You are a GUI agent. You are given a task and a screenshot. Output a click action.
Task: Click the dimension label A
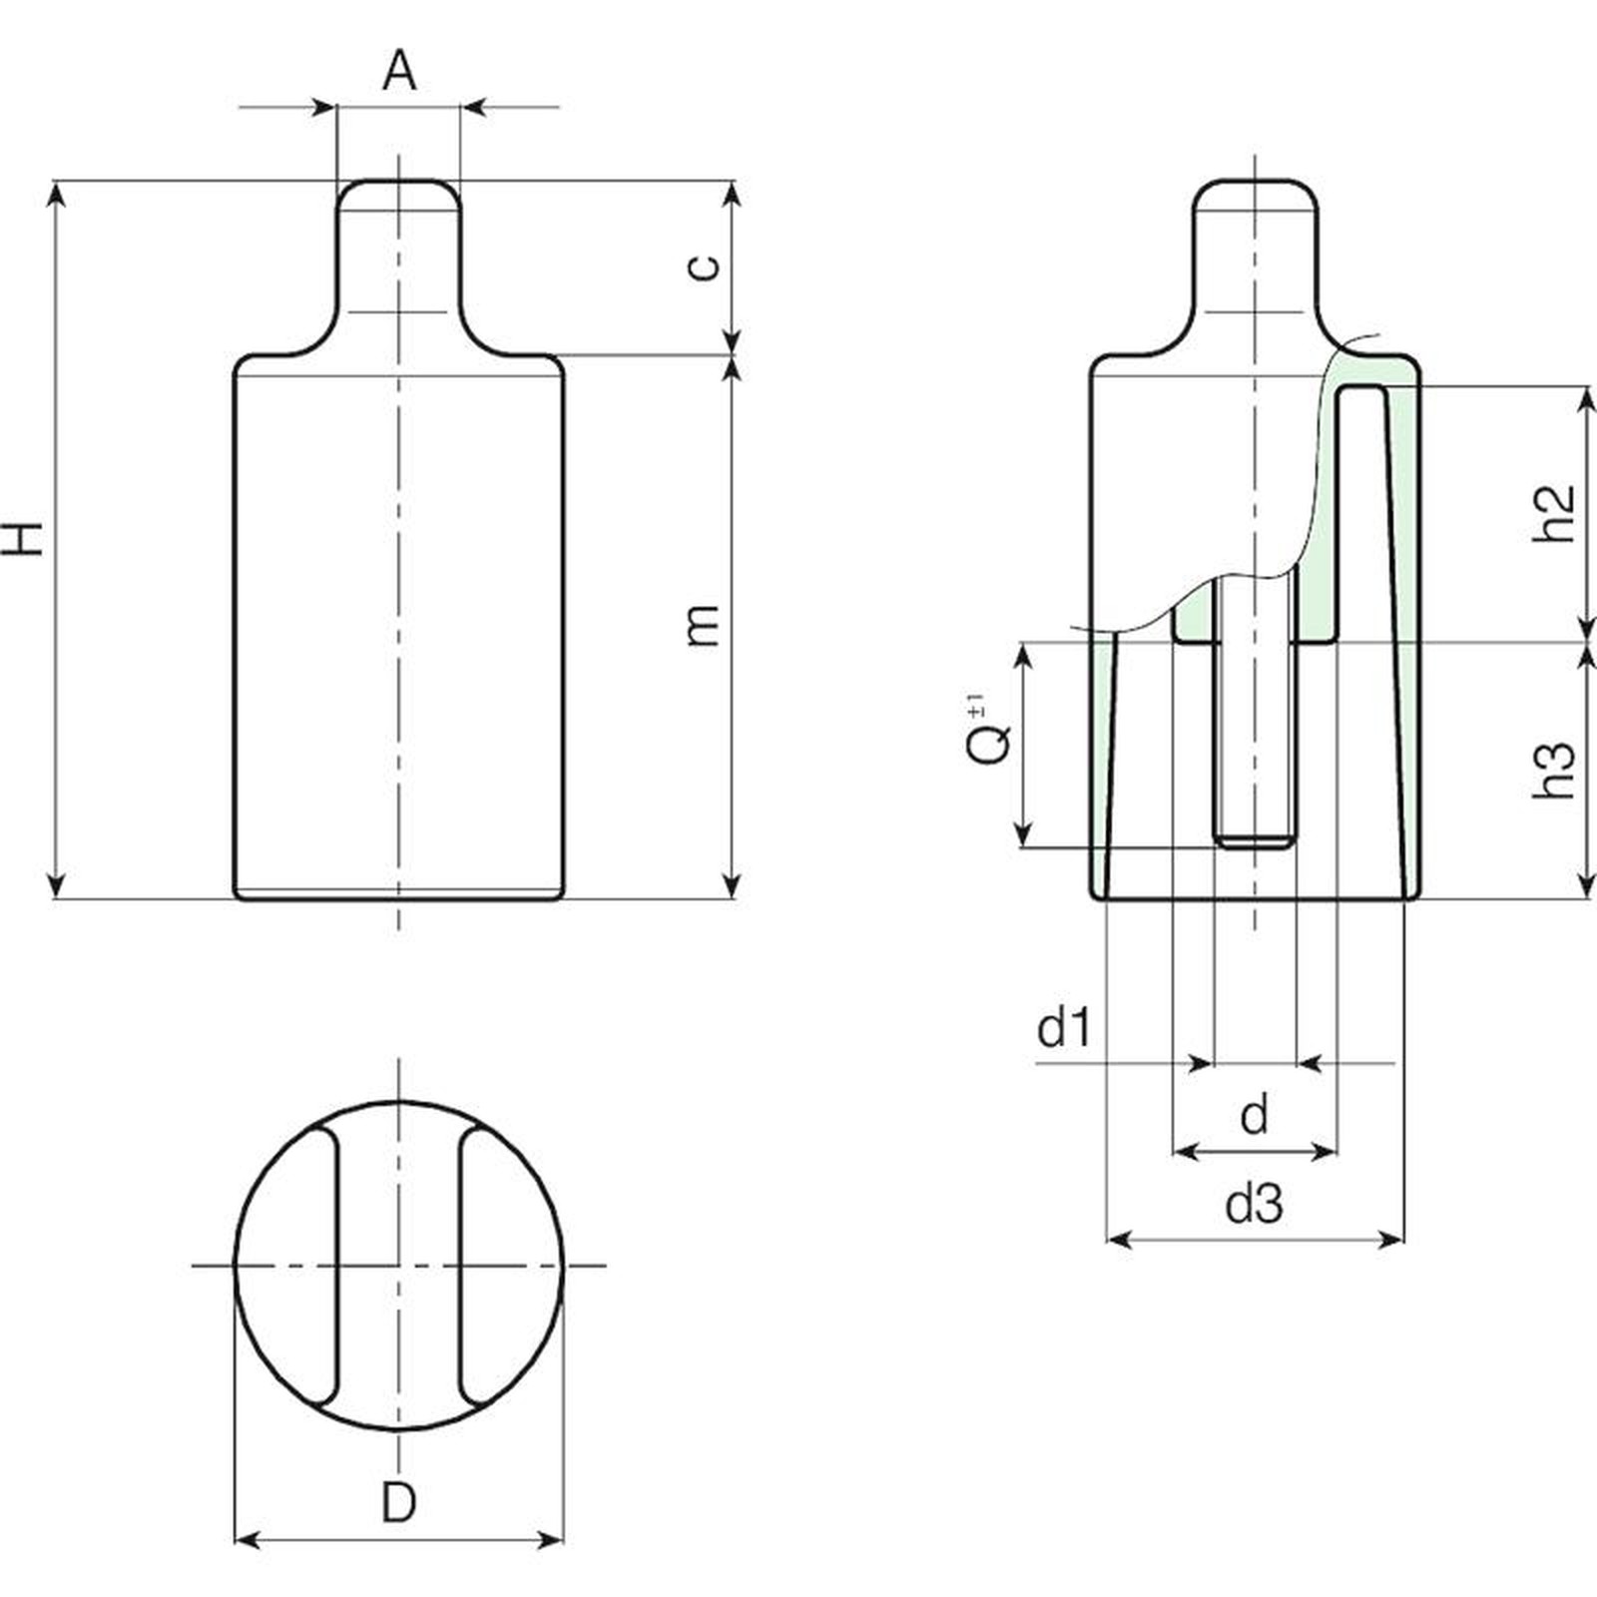(399, 71)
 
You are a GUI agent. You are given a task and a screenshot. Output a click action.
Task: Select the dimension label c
(705, 266)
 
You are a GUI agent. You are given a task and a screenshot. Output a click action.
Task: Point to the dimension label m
(705, 625)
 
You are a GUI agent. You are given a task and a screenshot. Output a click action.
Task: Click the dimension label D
(398, 1502)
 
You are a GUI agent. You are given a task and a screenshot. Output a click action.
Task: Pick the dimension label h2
(1553, 514)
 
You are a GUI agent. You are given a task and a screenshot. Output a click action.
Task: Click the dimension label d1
(1065, 1028)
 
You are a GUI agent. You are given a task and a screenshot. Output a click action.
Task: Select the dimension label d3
(1255, 1205)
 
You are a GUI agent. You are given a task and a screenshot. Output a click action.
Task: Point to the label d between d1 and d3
(1255, 1116)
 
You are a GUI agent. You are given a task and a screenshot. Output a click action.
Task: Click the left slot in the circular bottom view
(319, 1266)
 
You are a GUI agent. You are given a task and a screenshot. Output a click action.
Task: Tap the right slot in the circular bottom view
(478, 1266)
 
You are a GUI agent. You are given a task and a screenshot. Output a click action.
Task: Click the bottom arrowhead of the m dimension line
(733, 885)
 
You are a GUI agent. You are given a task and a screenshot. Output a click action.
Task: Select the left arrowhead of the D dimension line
(247, 1540)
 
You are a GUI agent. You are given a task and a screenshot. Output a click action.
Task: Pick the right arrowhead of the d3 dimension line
(1391, 1240)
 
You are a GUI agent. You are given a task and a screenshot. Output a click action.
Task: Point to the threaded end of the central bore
(1255, 841)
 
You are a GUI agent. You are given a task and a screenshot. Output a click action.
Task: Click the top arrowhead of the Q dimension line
(1023, 656)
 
